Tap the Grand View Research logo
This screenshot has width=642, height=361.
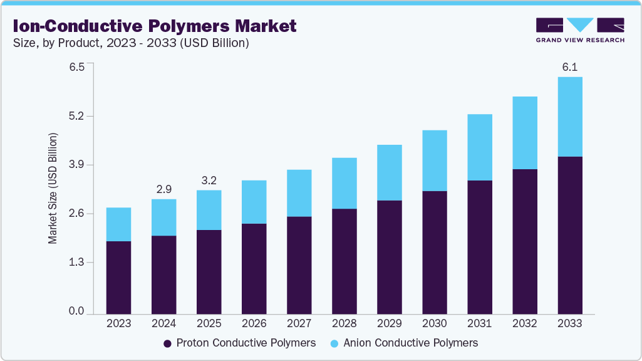pos(580,29)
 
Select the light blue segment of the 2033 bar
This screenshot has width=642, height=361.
pos(569,117)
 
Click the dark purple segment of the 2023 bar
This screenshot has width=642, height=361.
pos(118,277)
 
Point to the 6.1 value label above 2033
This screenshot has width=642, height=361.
pos(569,67)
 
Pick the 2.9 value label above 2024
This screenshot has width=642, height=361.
pos(163,189)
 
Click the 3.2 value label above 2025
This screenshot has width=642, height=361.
pos(209,180)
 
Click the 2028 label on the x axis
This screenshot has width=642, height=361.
pos(344,323)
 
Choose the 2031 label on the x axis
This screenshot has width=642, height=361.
pos(479,323)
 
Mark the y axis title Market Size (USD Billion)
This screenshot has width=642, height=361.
pos(53,188)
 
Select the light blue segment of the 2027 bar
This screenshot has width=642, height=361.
pos(299,193)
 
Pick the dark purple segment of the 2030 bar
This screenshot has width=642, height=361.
pos(434,252)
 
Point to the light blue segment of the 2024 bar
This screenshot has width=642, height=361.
pos(163,217)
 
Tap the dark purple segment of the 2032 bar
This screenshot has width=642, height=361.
pos(524,241)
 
